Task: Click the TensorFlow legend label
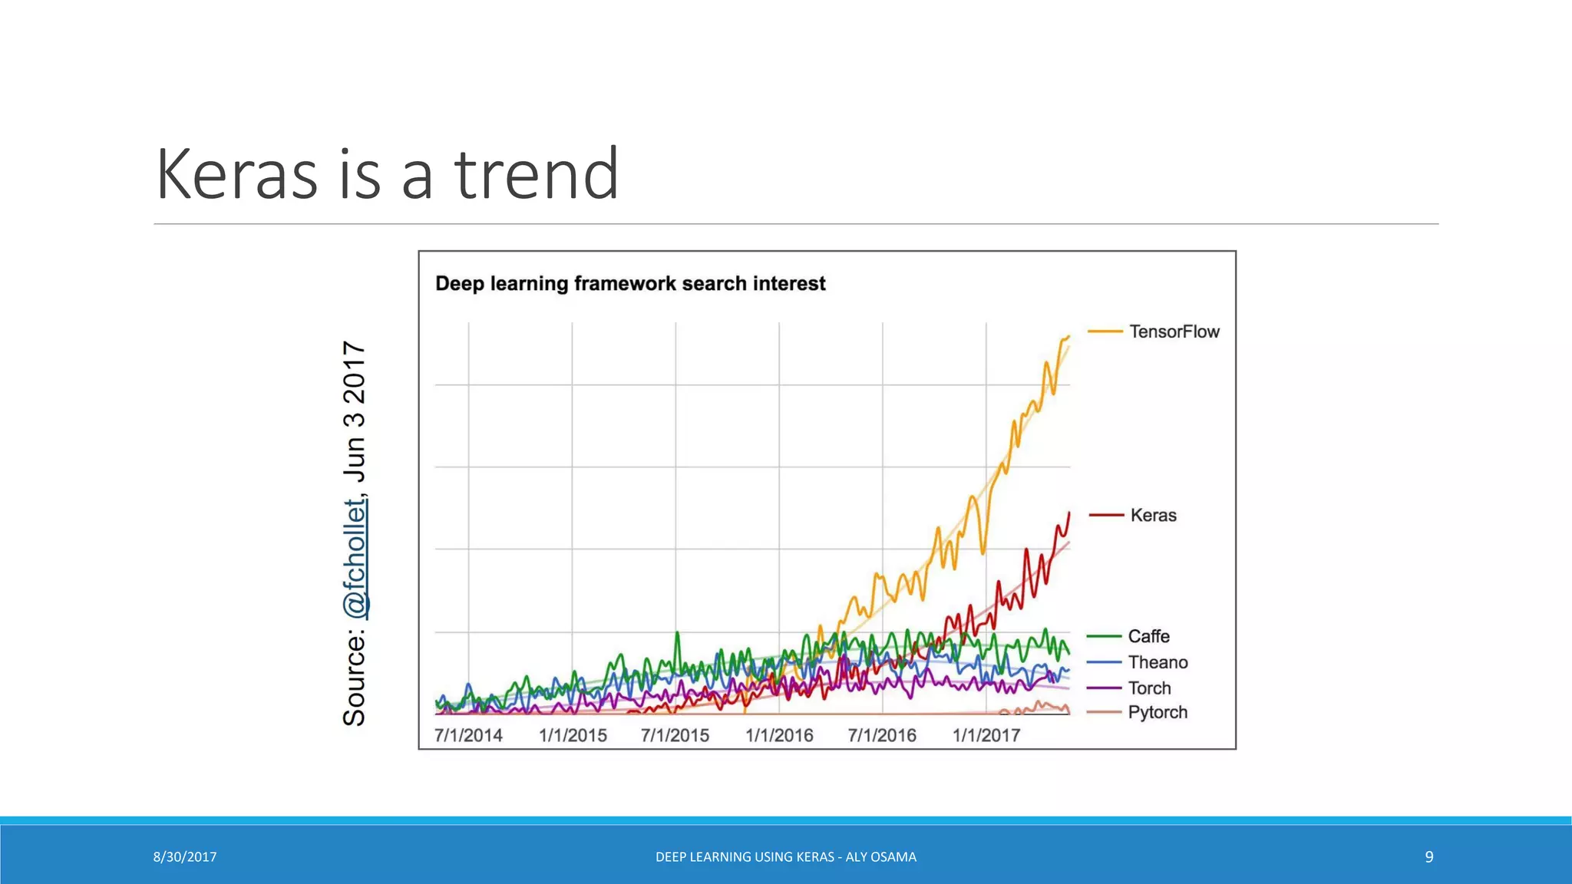[1174, 331]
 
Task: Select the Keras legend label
[1153, 515]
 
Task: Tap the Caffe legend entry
[1148, 636]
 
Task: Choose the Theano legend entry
[1158, 662]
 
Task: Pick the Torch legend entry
[1149, 688]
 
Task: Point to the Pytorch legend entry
[1158, 712]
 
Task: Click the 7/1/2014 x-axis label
[468, 735]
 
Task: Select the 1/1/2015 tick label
[573, 735]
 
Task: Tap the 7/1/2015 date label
[675, 735]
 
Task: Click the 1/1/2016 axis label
[779, 735]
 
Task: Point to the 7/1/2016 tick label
[882, 735]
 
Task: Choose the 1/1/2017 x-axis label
[986, 735]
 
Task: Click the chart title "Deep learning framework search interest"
[630, 284]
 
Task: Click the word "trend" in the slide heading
[537, 174]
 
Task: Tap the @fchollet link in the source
[355, 558]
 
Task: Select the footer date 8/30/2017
[185, 857]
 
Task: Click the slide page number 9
[1428, 857]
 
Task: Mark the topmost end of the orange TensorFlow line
[1068, 336]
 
